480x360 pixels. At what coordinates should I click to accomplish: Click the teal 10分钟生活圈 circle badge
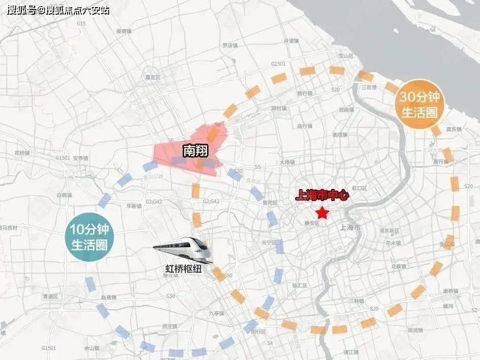pos(89,237)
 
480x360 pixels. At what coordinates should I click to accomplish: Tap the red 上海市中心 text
pos(322,194)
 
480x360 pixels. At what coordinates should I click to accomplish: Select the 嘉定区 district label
pos(152,77)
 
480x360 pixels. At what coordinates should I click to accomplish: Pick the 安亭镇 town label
pos(80,158)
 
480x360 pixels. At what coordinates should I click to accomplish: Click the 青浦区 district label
pos(51,296)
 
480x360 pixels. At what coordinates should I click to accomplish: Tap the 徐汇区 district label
pos(300,285)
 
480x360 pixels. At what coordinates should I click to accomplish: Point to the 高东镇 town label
pos(453,129)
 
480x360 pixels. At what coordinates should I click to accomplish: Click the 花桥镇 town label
pos(23,152)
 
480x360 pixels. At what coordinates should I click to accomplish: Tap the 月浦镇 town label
pos(292,41)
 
